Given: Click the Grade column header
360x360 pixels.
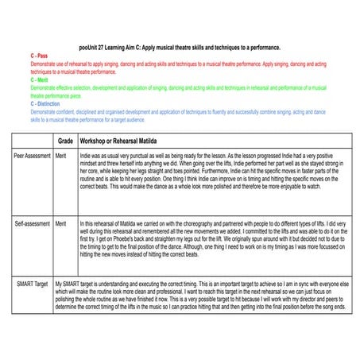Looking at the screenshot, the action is pyautogui.click(x=65, y=140).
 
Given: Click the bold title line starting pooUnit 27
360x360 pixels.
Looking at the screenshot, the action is pyautogui.click(x=180, y=48).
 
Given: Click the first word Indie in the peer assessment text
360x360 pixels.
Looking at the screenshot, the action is pyautogui.click(x=86, y=157).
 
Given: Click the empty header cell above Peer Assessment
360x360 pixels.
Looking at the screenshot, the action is pyautogui.click(x=32, y=140).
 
